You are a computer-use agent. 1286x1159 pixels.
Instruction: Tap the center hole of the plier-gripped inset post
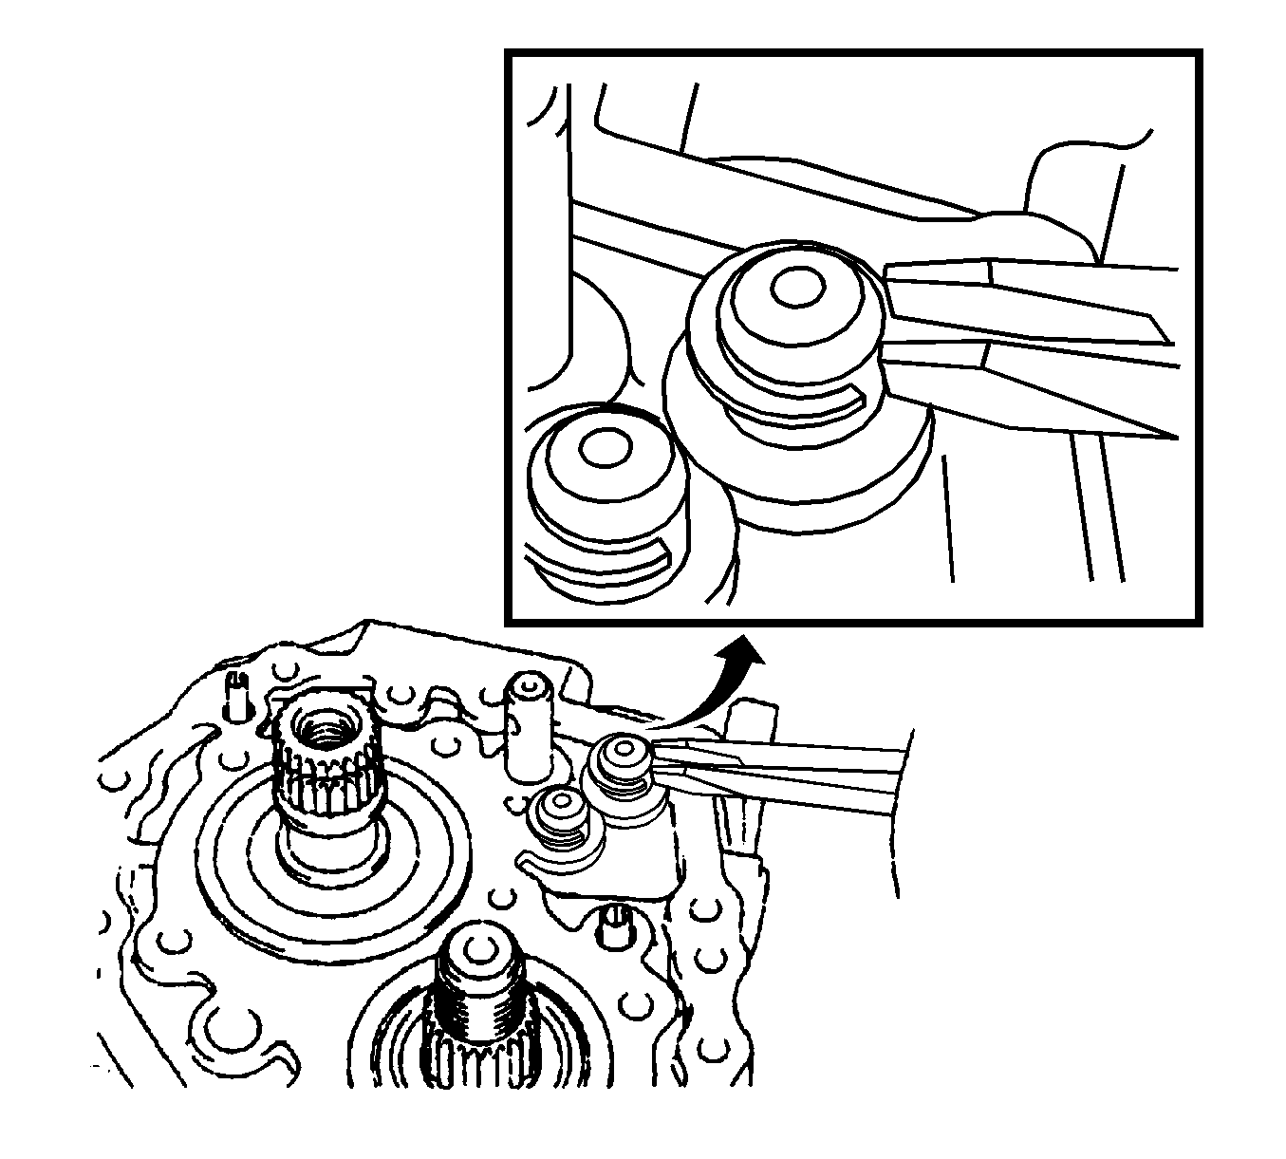[x=790, y=289]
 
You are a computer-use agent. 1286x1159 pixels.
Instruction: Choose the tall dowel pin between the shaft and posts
[x=528, y=726]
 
